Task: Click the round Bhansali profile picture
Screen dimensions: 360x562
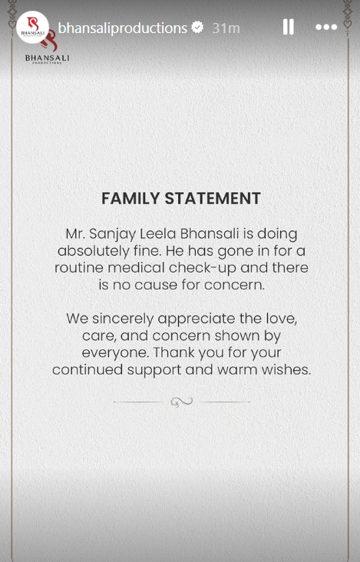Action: [x=32, y=28]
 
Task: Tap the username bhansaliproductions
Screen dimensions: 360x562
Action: [x=123, y=28]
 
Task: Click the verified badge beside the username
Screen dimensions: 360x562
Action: [x=197, y=28]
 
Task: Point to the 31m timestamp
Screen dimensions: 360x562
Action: [x=226, y=28]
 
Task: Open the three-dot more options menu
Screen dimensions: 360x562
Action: [x=326, y=28]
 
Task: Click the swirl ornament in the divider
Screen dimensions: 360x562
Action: [x=181, y=401]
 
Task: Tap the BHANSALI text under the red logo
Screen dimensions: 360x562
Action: [x=47, y=57]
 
